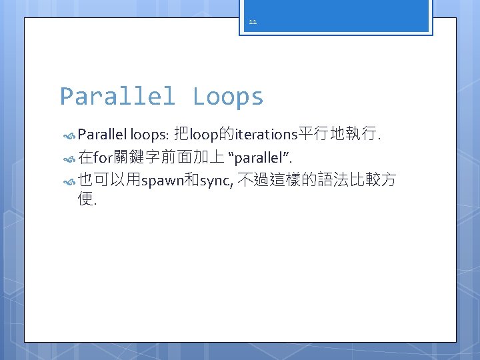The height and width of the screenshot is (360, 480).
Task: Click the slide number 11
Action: pyautogui.click(x=253, y=22)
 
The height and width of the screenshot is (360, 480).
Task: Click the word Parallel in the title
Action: pyautogui.click(x=117, y=97)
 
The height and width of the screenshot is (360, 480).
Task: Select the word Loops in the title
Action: pyautogui.click(x=228, y=97)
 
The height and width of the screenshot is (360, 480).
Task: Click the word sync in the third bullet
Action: pyautogui.click(x=213, y=181)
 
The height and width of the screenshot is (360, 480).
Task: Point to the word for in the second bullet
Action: pyautogui.click(x=105, y=158)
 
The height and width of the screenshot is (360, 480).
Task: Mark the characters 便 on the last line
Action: pyautogui.click(x=85, y=199)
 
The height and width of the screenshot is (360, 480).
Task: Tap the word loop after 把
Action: pyautogui.click(x=205, y=135)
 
